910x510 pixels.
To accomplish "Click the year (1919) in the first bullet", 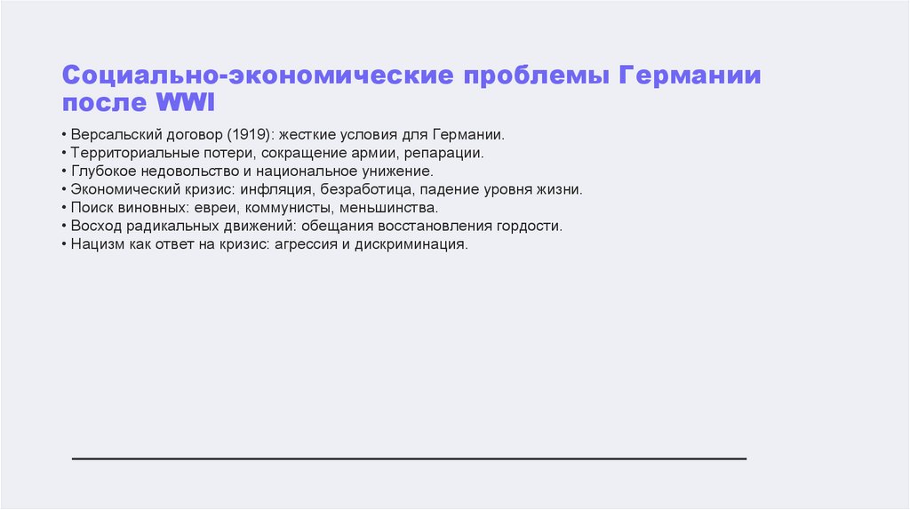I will coord(251,136).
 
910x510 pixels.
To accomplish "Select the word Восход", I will coord(95,226).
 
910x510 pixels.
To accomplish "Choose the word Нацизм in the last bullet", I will coord(97,243).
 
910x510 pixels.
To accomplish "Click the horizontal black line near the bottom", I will coord(409,458).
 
